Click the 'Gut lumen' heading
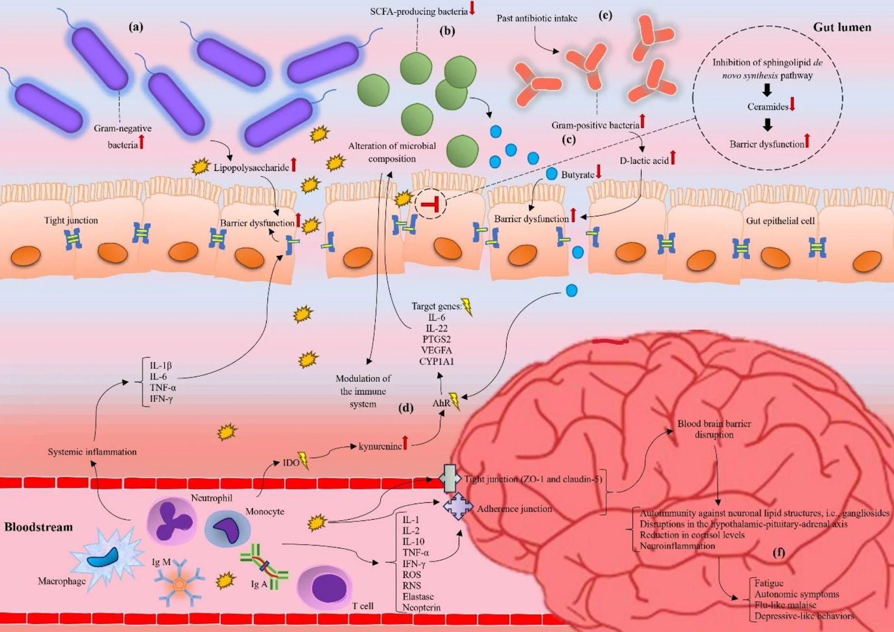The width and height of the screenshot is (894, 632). pos(841,27)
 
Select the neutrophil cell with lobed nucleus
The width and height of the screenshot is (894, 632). pos(172,521)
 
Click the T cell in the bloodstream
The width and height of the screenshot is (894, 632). pos(325,588)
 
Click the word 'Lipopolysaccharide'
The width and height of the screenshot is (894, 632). pos(251,167)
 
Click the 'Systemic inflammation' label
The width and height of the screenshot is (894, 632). pos(92,452)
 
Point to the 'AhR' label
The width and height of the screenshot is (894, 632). pos(441,403)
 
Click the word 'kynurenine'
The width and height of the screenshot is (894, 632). pos(380,446)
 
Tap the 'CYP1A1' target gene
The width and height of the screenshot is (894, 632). pos(436,361)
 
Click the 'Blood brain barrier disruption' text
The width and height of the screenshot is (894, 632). pos(714,429)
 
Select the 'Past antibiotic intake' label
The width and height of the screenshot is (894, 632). pos(536,18)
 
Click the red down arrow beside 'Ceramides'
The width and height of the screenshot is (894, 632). pos(792,104)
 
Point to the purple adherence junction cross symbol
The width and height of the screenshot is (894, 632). pos(458,507)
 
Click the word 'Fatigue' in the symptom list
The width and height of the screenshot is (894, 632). pos(769,583)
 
